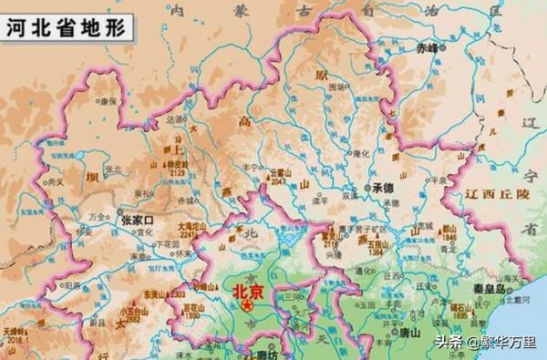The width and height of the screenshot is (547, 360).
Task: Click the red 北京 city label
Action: click(x=245, y=292)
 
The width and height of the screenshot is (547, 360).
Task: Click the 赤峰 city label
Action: click(x=426, y=46)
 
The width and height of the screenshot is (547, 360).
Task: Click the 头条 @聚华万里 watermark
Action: click(x=490, y=343)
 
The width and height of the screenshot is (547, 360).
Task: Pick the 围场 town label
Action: click(x=337, y=87)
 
